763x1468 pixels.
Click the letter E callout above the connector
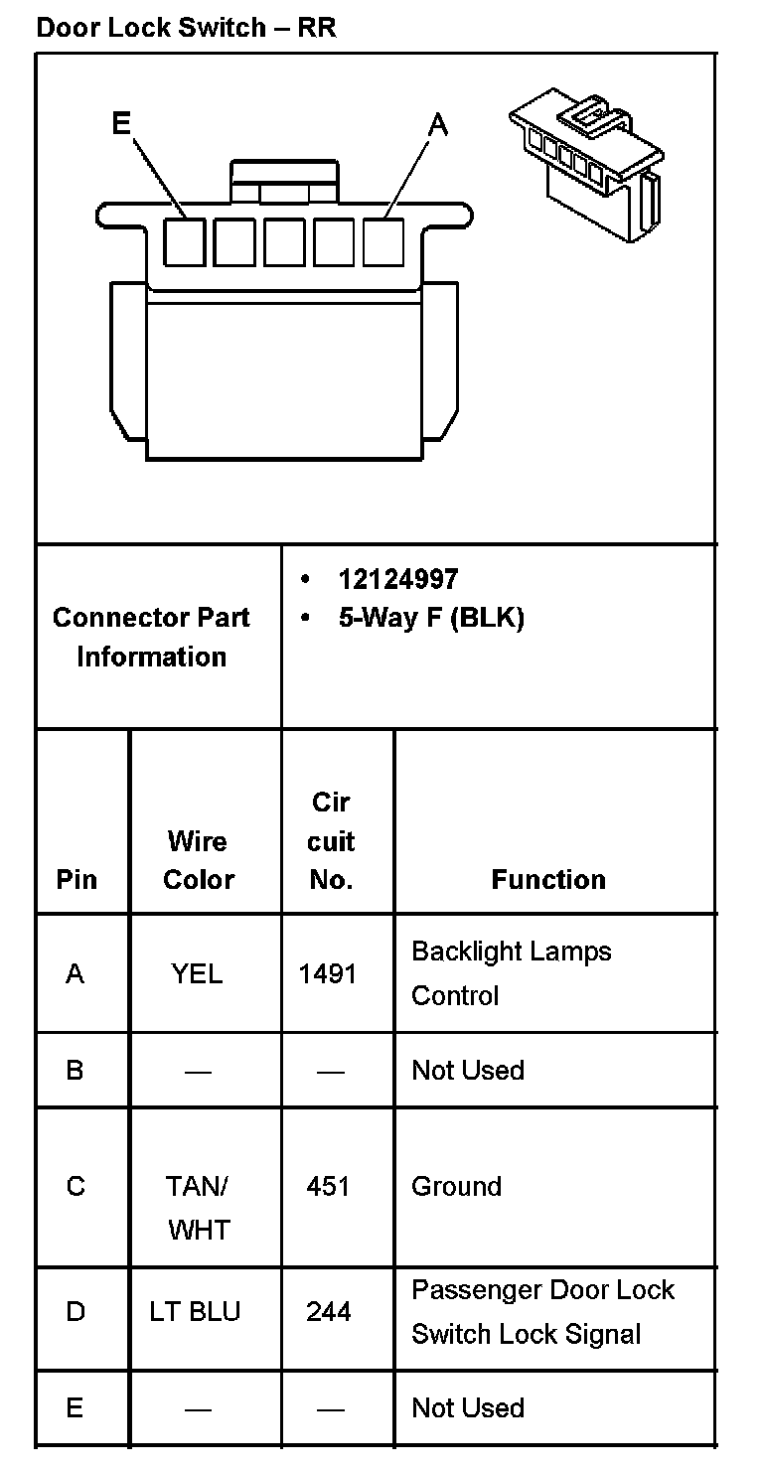121,123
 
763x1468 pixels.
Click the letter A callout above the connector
437,125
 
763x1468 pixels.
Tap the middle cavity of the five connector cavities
284,242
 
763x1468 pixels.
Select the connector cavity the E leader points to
185,242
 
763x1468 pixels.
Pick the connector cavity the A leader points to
383,242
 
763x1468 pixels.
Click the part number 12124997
398,579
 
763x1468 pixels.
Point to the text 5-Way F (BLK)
430,618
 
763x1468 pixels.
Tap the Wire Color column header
199,860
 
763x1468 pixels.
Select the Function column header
548,879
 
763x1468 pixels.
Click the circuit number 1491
328,974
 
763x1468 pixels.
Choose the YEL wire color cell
197,974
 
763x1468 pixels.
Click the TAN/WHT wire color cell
198,1208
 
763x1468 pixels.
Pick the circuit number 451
328,1186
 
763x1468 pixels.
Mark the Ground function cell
456,1186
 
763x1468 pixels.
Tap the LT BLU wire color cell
195,1312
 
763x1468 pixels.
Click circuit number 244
328,1312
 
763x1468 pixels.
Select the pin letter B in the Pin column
75,1070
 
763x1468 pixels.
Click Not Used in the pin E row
467,1407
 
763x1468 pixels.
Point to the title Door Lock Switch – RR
186,27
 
